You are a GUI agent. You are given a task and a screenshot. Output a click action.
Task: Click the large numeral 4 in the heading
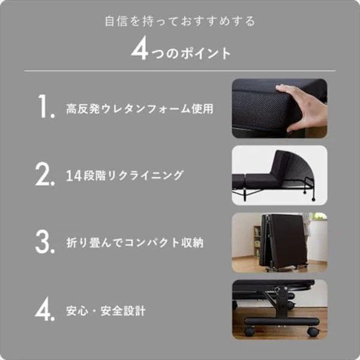pos(140,50)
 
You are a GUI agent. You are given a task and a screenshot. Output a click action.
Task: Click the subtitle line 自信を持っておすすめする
pos(180,22)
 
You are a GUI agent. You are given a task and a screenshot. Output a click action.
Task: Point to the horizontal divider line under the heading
pos(180,71)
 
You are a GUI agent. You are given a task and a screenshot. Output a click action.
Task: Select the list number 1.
pos(46,109)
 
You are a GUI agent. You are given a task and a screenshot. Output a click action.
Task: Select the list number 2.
pos(46,175)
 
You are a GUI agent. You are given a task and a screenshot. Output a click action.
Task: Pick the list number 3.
pos(46,242)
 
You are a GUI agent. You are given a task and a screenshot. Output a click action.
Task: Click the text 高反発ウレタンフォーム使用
pos(139,110)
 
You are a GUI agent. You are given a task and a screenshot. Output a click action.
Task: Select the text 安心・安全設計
pos(105,311)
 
